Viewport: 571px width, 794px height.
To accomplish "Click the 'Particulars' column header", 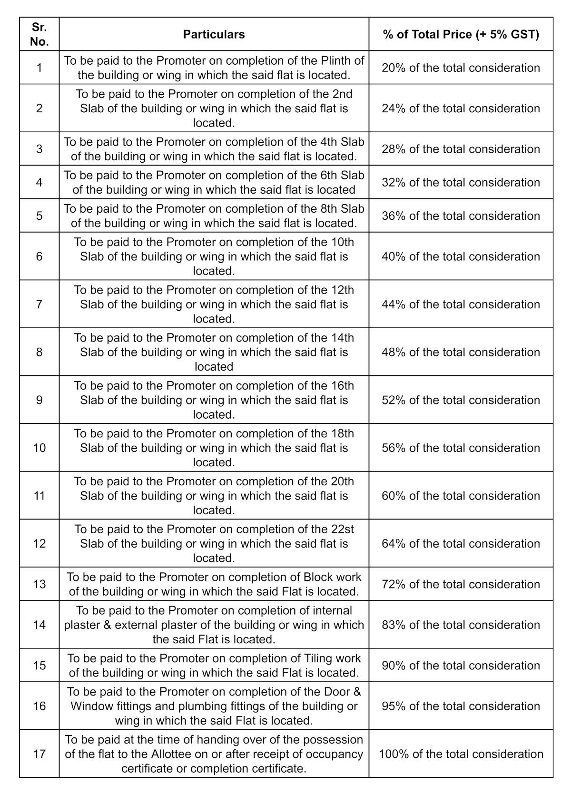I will pos(214,34).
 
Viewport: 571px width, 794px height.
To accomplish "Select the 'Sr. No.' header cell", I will pos(39,34).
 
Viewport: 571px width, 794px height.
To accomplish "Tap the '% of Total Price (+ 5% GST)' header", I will pos(461,34).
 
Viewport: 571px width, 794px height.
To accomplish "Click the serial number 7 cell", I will pos(39,304).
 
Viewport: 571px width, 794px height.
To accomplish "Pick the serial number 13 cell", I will pos(39,584).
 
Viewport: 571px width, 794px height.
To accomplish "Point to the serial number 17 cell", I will pos(39,754).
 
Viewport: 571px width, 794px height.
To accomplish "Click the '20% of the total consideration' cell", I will pos(461,68).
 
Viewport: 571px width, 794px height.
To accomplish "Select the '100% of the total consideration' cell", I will pos(461,754).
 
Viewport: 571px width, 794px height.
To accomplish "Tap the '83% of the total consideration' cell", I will pos(461,625).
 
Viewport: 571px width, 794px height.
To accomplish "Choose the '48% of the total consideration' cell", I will pos(461,352).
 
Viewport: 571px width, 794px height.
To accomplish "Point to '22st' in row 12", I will pos(342,529).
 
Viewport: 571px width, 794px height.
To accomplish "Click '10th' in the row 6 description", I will pos(342,242).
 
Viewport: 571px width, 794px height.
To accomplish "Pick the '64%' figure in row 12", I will pos(393,543).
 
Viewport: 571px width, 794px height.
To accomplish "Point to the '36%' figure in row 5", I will pos(393,216).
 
